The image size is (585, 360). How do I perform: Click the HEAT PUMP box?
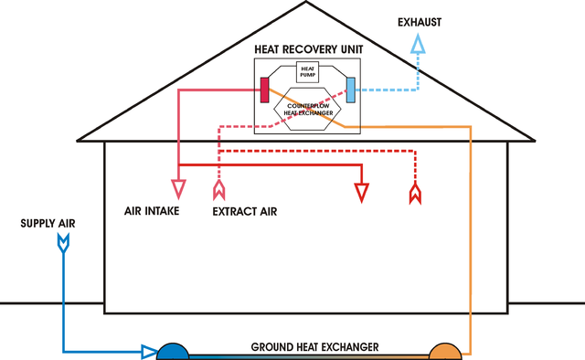tap(306, 72)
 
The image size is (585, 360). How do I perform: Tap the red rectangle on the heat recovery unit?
tap(264, 90)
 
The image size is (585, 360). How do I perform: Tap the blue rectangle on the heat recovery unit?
tap(349, 90)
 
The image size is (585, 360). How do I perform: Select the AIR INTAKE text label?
tap(152, 211)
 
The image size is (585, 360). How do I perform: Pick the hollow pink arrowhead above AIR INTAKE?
tap(178, 190)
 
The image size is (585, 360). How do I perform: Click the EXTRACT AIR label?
tap(244, 211)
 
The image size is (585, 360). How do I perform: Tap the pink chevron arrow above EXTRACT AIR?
tap(218, 190)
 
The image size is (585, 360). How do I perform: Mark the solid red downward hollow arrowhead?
tap(363, 192)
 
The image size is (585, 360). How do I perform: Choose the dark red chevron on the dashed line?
tap(415, 193)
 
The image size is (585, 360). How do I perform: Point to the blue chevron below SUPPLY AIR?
tap(63, 242)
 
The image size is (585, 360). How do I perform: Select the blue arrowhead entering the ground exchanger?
tap(148, 351)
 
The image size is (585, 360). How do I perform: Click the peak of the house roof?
tap(306, 3)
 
